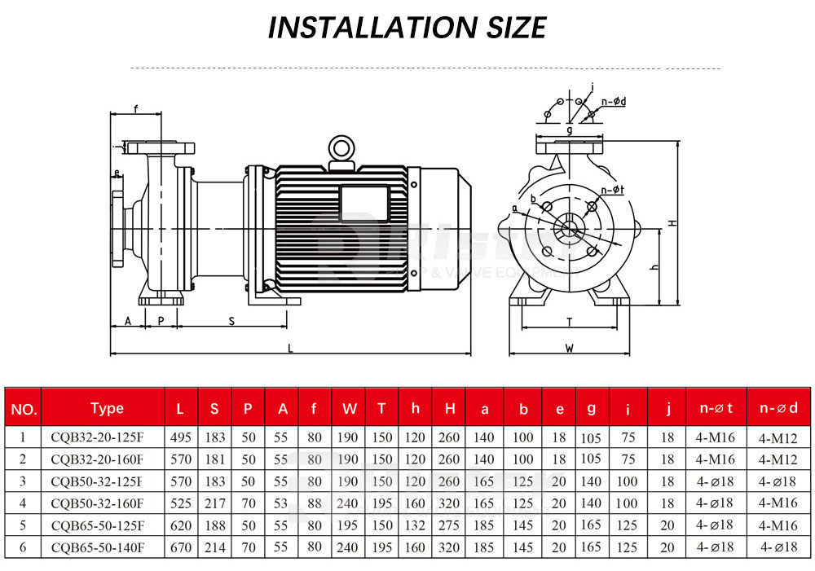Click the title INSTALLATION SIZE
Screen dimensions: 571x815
pos(407,28)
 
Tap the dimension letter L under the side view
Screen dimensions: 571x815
pos(291,348)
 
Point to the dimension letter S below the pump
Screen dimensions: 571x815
pos(231,321)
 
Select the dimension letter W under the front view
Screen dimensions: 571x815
pos(570,348)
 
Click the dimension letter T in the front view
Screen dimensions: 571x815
pos(570,322)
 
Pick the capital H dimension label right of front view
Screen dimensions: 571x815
pos(672,222)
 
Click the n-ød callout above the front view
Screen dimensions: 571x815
pos(613,102)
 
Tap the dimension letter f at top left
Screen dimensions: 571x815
pos(135,108)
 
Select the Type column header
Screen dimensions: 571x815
pos(107,408)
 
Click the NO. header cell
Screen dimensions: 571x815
pos(24,408)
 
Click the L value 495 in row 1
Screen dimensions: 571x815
pos(181,437)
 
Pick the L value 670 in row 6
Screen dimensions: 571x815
pos(181,547)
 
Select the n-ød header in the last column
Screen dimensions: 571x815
pos(778,408)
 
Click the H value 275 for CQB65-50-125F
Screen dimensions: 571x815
pos(450,525)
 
